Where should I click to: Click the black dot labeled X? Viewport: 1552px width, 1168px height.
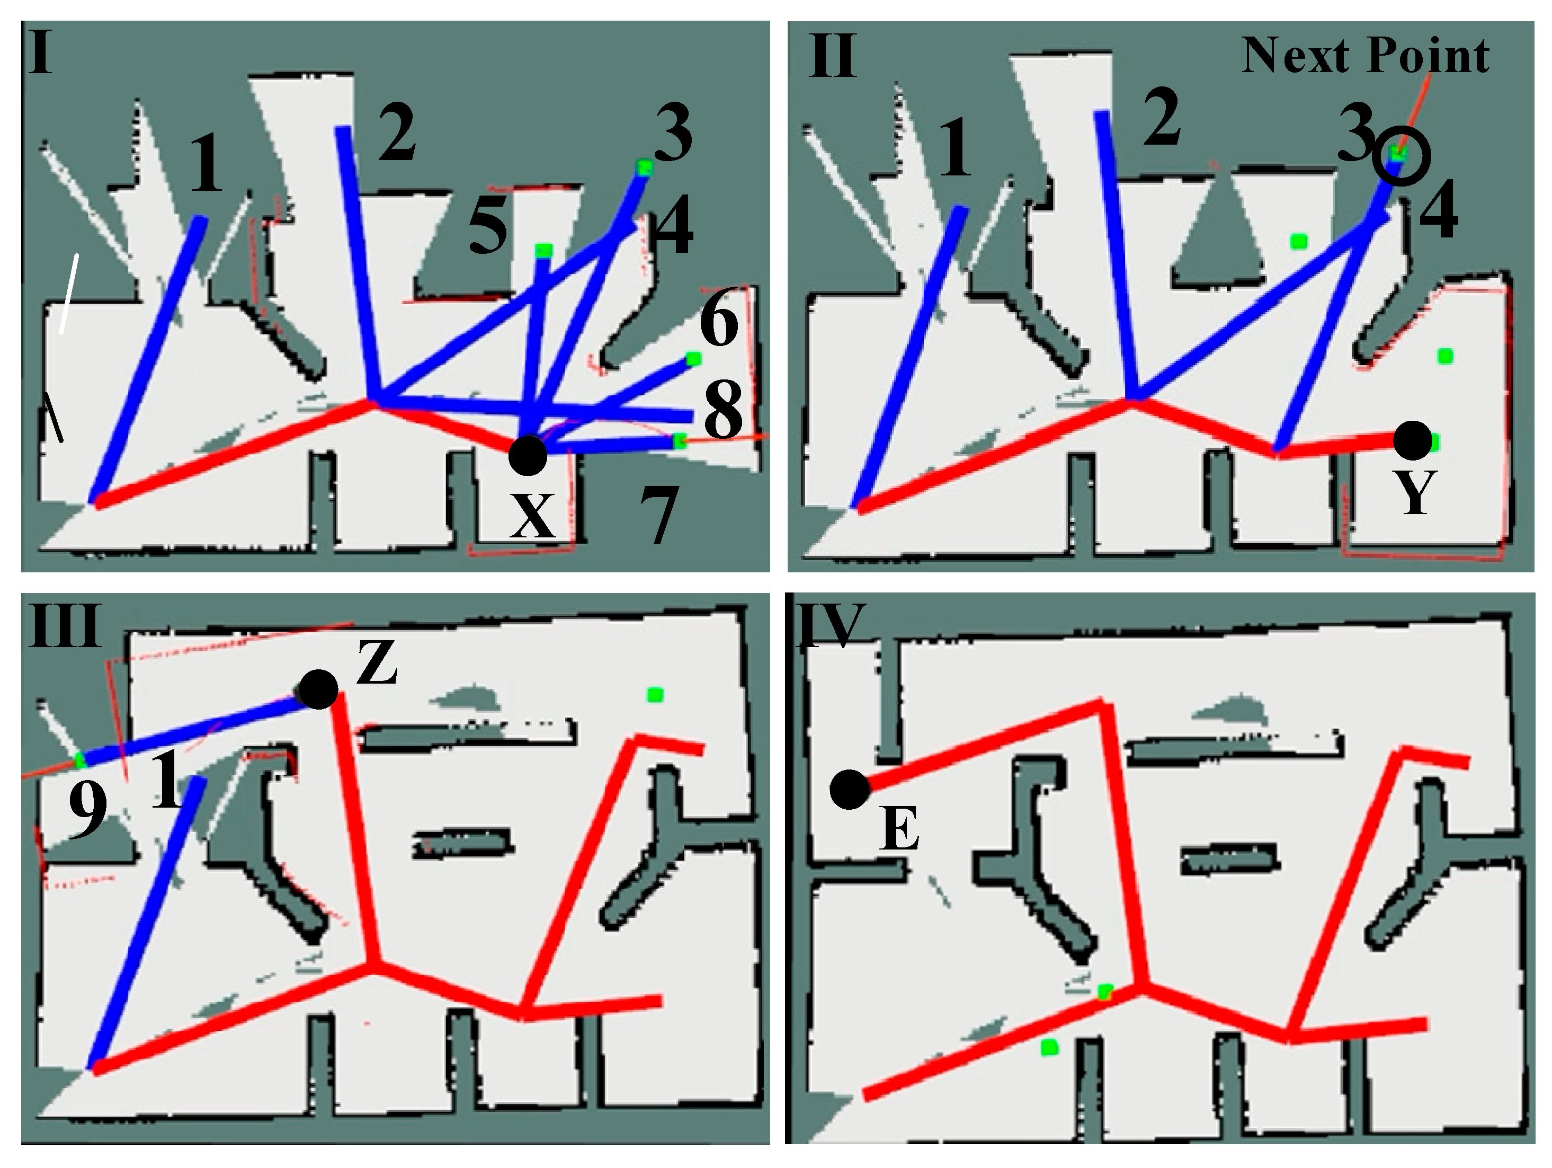(527, 455)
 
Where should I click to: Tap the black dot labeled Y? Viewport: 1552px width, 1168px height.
(1412, 440)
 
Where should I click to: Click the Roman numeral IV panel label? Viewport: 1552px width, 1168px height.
(829, 625)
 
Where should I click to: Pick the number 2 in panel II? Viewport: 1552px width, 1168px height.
(1161, 116)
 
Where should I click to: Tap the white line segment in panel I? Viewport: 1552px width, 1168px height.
(69, 294)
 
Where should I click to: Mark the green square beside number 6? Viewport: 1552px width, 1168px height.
(693, 359)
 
